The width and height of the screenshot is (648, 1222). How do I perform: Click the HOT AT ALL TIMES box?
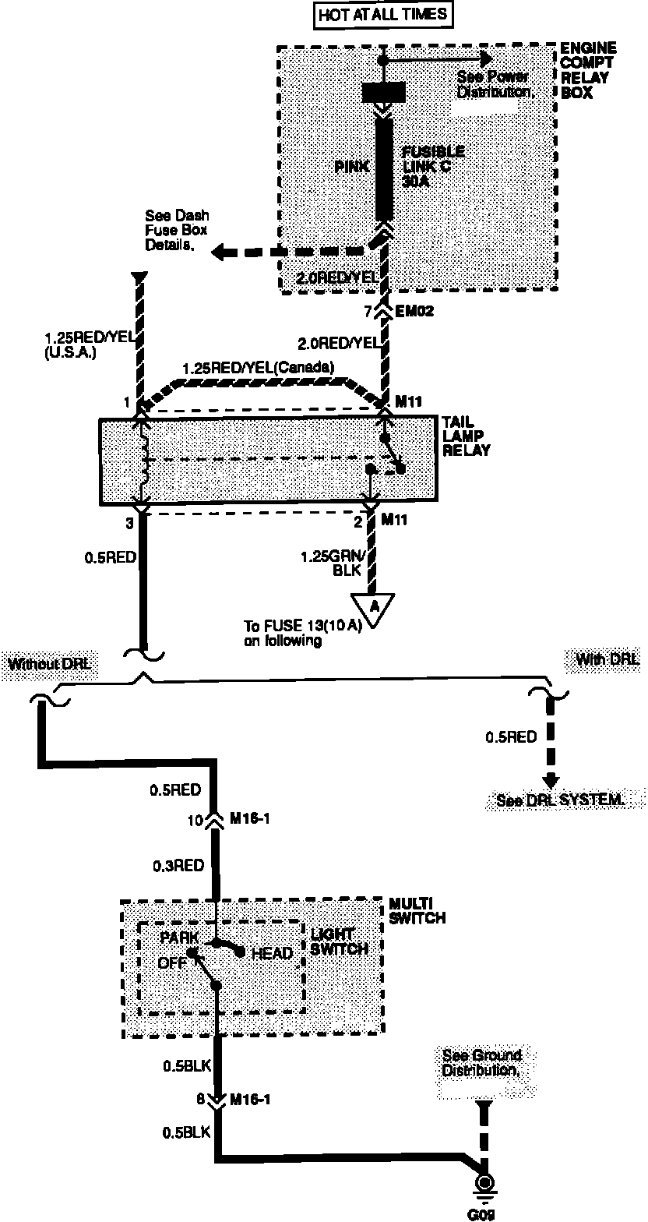382,13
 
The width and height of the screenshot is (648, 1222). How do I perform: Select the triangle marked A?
372,607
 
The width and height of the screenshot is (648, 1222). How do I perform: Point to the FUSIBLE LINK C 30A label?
432,165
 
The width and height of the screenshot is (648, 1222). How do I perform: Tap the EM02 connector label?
414,313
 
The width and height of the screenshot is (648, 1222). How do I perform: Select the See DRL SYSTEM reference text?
560,800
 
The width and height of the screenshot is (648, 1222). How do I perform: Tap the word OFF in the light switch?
172,962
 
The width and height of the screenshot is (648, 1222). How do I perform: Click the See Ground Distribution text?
481,1063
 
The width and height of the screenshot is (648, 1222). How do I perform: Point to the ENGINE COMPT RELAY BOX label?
588,71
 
